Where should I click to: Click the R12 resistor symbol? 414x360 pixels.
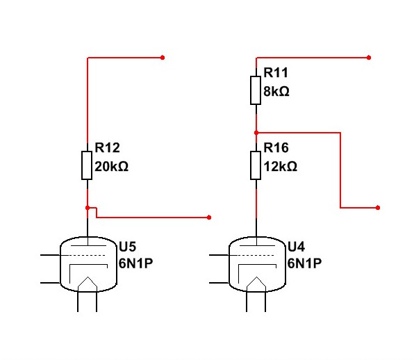click(87, 165)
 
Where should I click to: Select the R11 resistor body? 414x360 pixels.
click(256, 90)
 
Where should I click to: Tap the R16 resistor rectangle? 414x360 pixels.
click(256, 165)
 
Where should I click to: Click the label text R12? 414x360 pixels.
click(107, 147)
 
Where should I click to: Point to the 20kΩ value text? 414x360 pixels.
click(111, 167)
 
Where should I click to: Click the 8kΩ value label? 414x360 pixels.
click(276, 91)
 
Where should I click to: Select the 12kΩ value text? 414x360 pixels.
click(281, 167)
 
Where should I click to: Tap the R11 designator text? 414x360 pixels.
click(276, 73)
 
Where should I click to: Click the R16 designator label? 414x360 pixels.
click(276, 147)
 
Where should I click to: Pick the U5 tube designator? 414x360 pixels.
click(127, 247)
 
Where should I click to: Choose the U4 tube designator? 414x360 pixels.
click(296, 247)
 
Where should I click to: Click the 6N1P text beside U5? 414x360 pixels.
click(135, 263)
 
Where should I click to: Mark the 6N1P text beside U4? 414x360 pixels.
click(304, 263)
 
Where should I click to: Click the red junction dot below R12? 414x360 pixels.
click(88, 208)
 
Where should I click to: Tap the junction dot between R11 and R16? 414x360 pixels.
click(256, 133)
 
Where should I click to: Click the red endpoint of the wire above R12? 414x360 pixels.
click(163, 58)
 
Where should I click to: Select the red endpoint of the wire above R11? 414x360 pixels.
click(369, 58)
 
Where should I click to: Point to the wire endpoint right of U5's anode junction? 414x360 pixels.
click(209, 218)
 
